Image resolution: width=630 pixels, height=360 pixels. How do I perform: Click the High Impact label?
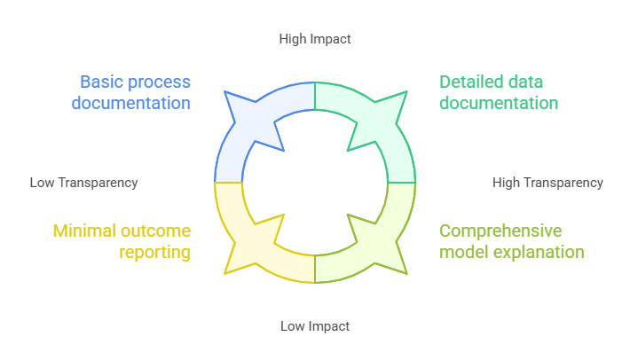tap(315, 39)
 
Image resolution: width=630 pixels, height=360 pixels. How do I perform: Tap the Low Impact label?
tap(315, 326)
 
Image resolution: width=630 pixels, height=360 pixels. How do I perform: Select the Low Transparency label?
tap(83, 183)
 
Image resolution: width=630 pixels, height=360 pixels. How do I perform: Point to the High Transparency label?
tap(547, 183)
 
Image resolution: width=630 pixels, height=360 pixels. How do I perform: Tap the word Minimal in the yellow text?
tap(85, 231)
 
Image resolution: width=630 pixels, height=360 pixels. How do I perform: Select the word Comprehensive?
tap(501, 231)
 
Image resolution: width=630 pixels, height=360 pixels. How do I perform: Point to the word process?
tap(159, 82)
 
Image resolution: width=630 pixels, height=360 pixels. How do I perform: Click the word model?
tap(463, 253)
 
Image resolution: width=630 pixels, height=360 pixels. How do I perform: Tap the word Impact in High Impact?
tap(331, 39)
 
